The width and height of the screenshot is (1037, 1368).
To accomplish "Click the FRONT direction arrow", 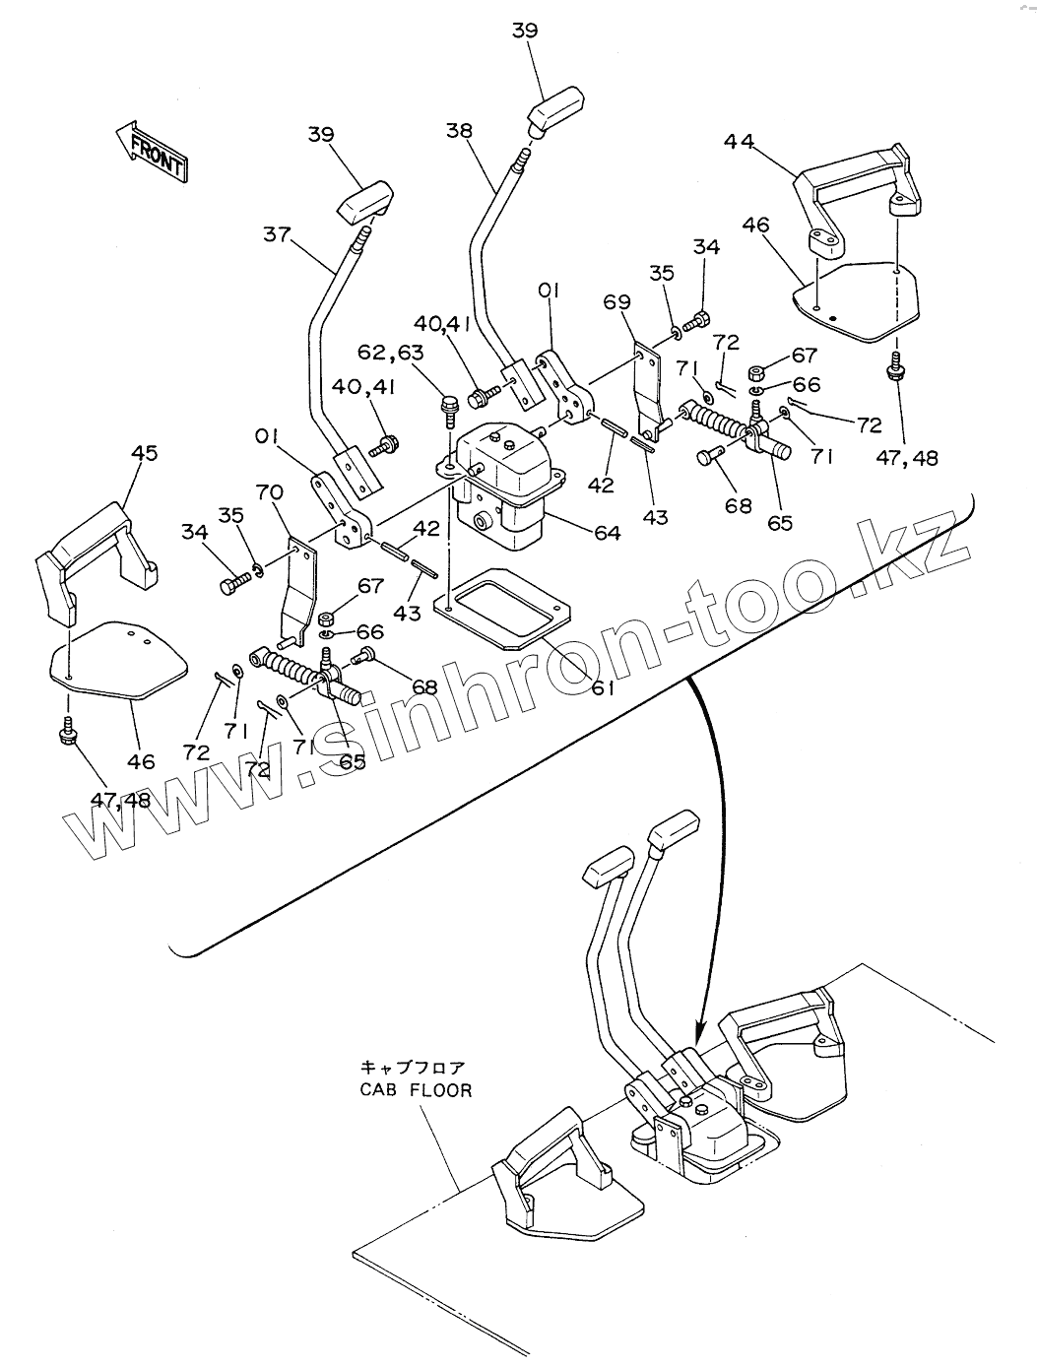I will pyautogui.click(x=150, y=151).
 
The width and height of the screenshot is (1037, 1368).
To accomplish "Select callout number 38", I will pyautogui.click(x=460, y=129).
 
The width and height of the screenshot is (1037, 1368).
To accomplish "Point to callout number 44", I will pyautogui.click(x=739, y=142).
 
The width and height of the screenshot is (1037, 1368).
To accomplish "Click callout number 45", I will pyautogui.click(x=144, y=453).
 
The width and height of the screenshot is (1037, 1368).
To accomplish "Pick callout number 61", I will pyautogui.click(x=603, y=688).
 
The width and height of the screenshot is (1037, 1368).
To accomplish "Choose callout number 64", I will pyautogui.click(x=608, y=533).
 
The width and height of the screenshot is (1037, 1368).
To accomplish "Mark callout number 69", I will pyautogui.click(x=617, y=301).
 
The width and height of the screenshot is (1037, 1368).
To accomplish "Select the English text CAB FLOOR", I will pyautogui.click(x=415, y=1091).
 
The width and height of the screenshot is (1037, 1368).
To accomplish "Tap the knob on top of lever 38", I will pyautogui.click(x=558, y=107).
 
